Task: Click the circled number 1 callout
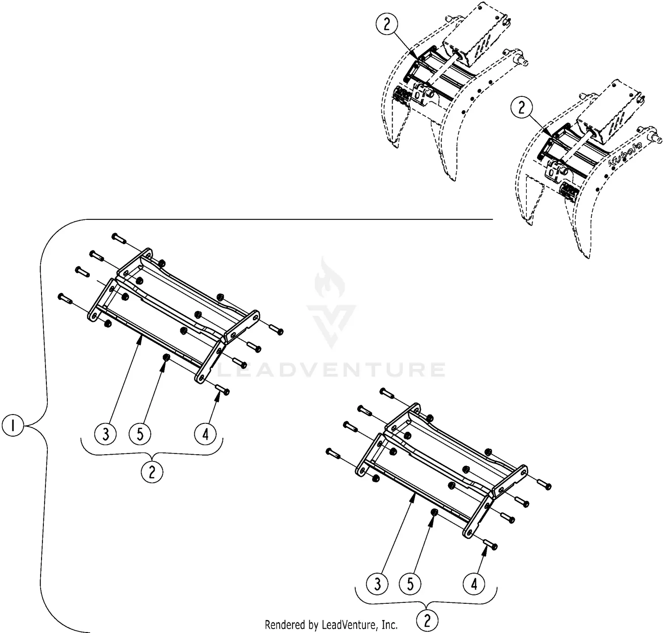[13, 426]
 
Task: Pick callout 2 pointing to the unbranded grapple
[387, 25]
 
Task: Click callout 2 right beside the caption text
[427, 621]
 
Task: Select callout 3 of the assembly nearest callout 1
[106, 434]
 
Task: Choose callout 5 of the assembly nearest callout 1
[140, 434]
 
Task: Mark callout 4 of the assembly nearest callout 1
[206, 434]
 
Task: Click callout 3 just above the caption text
[377, 584]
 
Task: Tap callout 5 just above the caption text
[411, 584]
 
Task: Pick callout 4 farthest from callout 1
[474, 584]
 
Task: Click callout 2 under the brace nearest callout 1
[152, 472]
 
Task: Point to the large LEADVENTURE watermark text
[331, 369]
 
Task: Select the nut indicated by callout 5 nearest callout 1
[166, 357]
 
